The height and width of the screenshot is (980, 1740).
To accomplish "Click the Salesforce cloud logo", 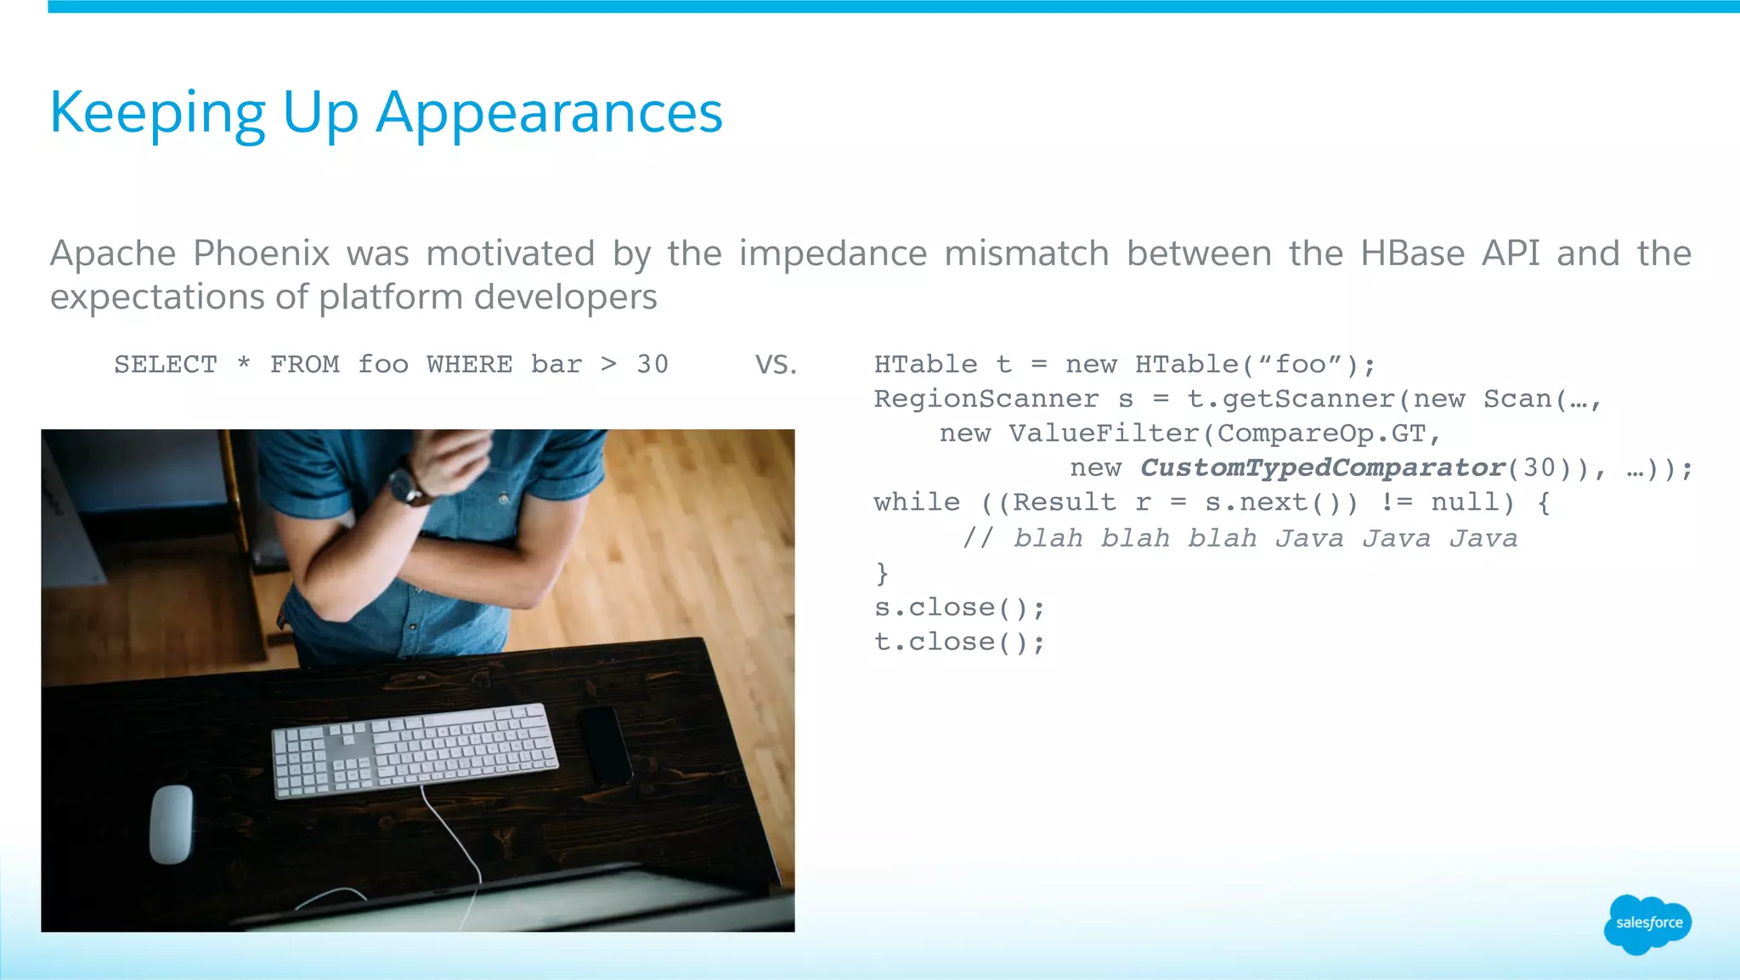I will pyautogui.click(x=1647, y=924).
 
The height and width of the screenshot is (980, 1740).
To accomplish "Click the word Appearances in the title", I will pyautogui.click(x=549, y=113).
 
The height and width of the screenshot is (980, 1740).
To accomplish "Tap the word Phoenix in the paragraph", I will pyautogui.click(x=261, y=253).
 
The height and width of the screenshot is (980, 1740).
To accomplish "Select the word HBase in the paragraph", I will pyautogui.click(x=1412, y=253).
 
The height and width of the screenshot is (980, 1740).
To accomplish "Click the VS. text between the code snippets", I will pyautogui.click(x=776, y=365).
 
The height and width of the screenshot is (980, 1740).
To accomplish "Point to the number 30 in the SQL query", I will pyautogui.click(x=652, y=365).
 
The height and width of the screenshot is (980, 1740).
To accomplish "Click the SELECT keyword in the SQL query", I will pyautogui.click(x=166, y=365).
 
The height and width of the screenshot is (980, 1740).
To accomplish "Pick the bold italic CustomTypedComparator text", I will pyautogui.click(x=1322, y=467).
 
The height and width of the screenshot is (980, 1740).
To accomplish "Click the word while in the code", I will pyautogui.click(x=917, y=502).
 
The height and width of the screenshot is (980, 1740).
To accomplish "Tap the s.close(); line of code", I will pyautogui.click(x=959, y=608).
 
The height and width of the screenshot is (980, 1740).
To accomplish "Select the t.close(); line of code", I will pyautogui.click(x=959, y=642).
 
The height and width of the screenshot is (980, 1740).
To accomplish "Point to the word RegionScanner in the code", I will pyautogui.click(x=986, y=399).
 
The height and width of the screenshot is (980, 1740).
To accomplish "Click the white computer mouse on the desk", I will pyautogui.click(x=171, y=823).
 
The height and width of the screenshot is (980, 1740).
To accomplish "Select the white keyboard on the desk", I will pyautogui.click(x=415, y=750).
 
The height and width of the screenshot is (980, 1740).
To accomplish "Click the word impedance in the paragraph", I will pyautogui.click(x=833, y=253).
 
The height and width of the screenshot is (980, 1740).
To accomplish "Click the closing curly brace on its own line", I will pyautogui.click(x=882, y=574).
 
